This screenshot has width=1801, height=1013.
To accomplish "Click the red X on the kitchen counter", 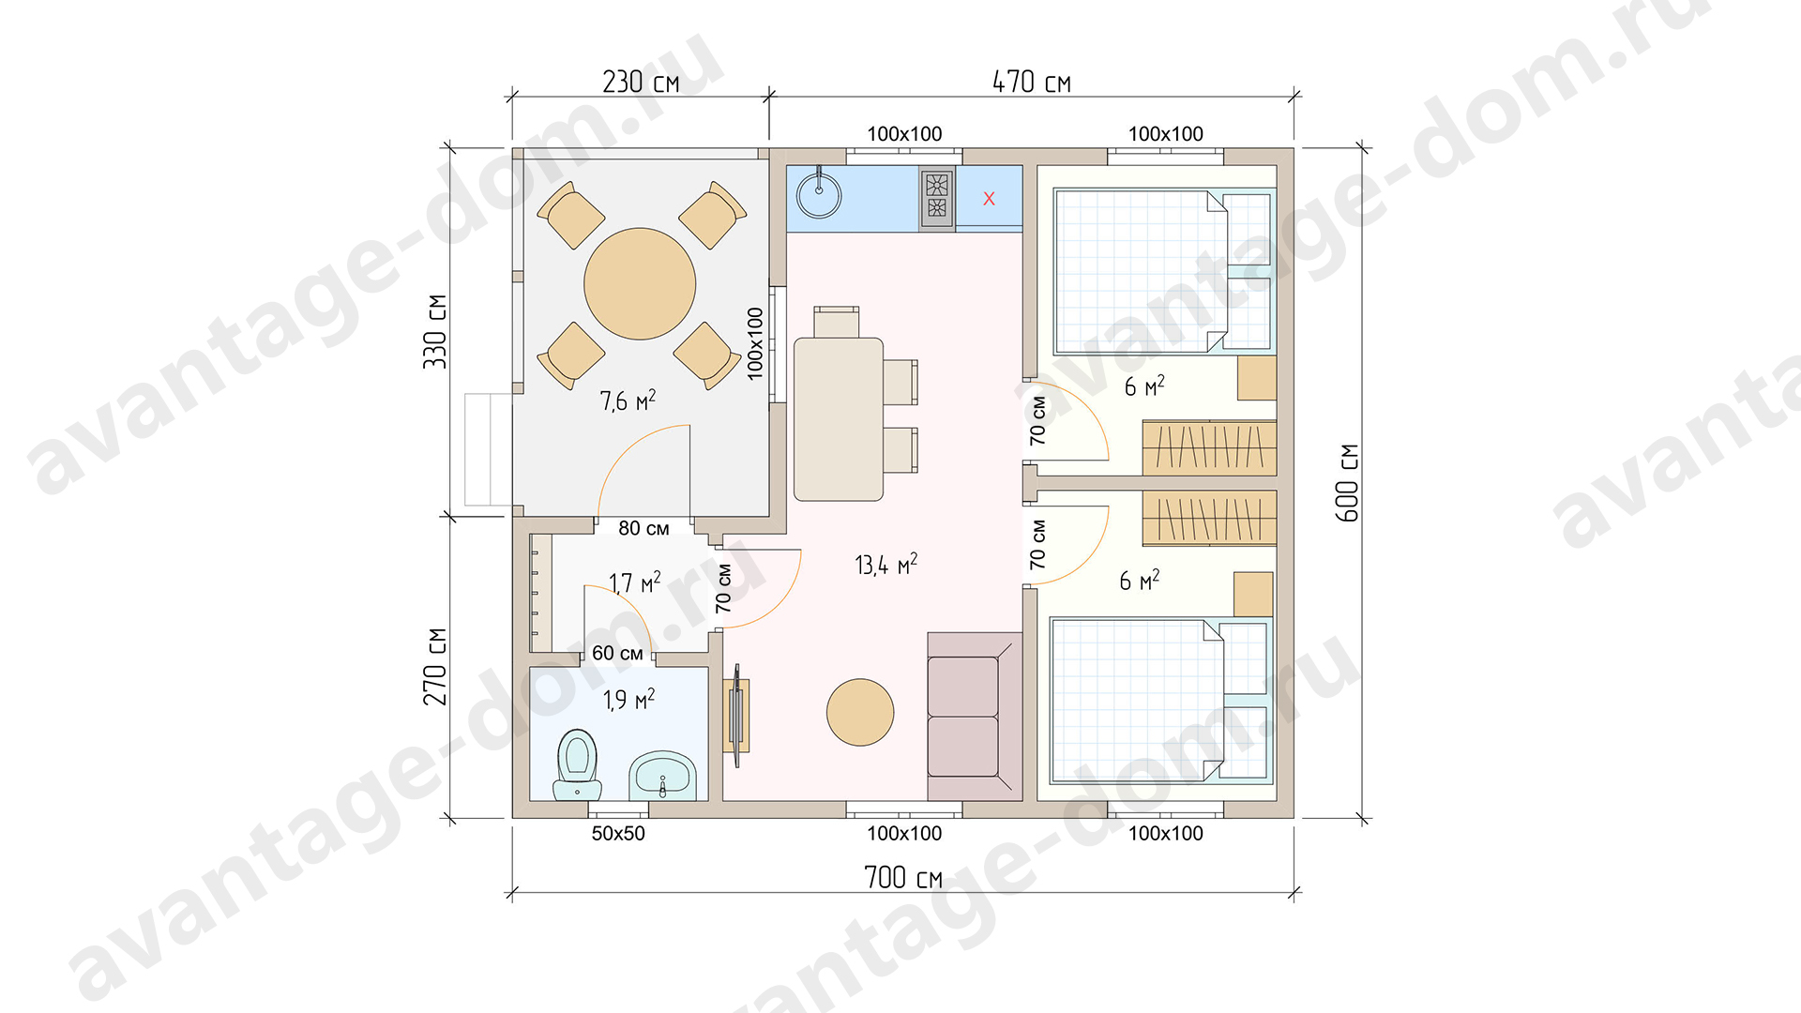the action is (x=989, y=199).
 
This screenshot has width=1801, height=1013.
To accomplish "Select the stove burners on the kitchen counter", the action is (x=937, y=198).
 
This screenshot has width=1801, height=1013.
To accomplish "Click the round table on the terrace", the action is (x=640, y=283).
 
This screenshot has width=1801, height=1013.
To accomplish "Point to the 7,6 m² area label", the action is (x=628, y=401).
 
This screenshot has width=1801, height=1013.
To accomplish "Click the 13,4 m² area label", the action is (x=886, y=564).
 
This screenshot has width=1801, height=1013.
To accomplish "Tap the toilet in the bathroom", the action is (x=577, y=764).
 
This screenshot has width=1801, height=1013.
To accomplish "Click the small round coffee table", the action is (x=860, y=712).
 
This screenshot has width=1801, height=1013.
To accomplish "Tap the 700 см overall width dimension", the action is (x=903, y=877).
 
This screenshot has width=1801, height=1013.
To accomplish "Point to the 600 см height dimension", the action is (x=1347, y=483).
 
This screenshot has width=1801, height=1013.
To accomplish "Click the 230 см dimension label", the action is (x=641, y=82).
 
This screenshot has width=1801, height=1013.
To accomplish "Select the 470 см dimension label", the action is (x=1032, y=82).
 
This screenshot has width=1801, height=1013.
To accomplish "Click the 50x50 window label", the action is (x=618, y=833).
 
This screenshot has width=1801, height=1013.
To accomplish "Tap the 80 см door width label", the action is (x=643, y=528).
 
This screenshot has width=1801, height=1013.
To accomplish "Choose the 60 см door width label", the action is (x=617, y=653).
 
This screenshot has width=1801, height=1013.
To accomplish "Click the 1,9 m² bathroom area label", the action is (x=628, y=699).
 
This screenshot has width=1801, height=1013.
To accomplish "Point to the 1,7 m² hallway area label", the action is (x=634, y=582).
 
